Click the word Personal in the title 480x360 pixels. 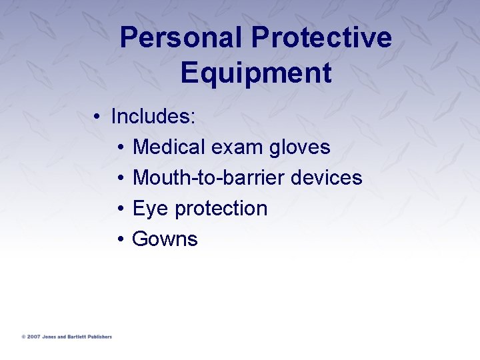point(181,38)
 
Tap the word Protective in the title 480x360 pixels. point(322,38)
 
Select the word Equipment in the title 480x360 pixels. point(255,73)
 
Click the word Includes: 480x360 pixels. point(153,117)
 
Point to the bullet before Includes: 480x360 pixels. point(97,117)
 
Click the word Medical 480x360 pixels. point(171,147)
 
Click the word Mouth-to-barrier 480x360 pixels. point(209,177)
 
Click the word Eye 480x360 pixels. point(151,209)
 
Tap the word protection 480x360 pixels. point(221,209)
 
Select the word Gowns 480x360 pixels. point(165,239)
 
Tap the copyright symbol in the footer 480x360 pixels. point(23,337)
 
